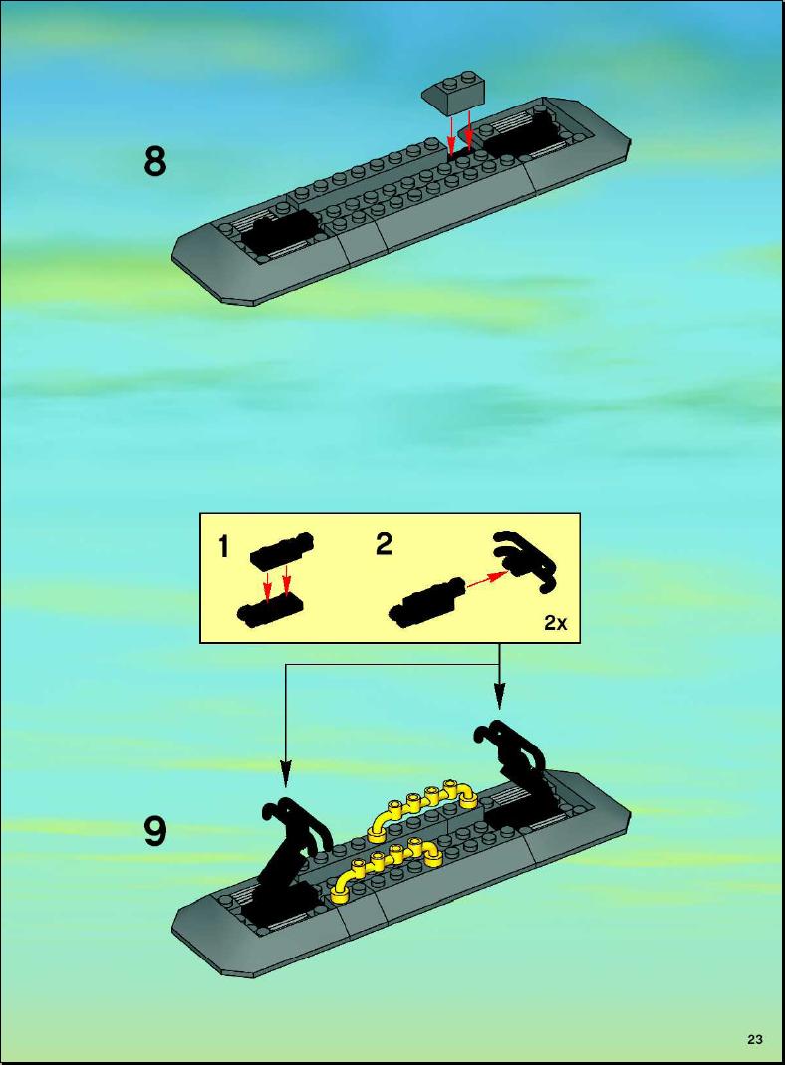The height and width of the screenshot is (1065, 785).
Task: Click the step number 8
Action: tap(155, 163)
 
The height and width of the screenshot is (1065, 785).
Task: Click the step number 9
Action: tap(155, 831)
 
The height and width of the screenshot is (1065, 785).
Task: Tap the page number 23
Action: tap(754, 1039)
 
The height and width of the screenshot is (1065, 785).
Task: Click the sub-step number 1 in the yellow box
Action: tap(223, 546)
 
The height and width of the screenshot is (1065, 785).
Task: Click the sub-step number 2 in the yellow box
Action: tap(384, 544)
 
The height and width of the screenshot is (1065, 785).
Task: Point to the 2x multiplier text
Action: tap(555, 622)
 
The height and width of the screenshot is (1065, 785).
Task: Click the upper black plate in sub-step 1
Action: tap(282, 549)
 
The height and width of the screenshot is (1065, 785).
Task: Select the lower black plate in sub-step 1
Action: tap(270, 611)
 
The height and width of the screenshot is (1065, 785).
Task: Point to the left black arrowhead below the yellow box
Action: tap(286, 774)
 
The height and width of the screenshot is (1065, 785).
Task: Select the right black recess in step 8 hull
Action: tap(522, 134)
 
